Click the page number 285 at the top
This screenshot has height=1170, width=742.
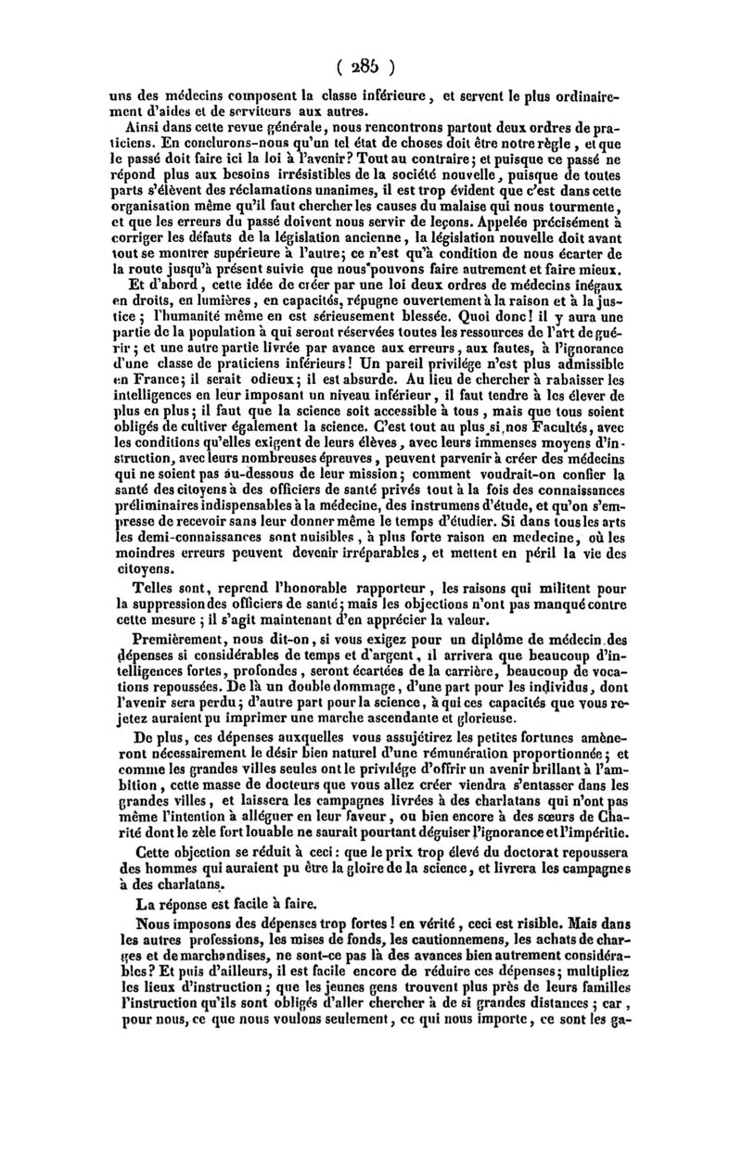370,66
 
